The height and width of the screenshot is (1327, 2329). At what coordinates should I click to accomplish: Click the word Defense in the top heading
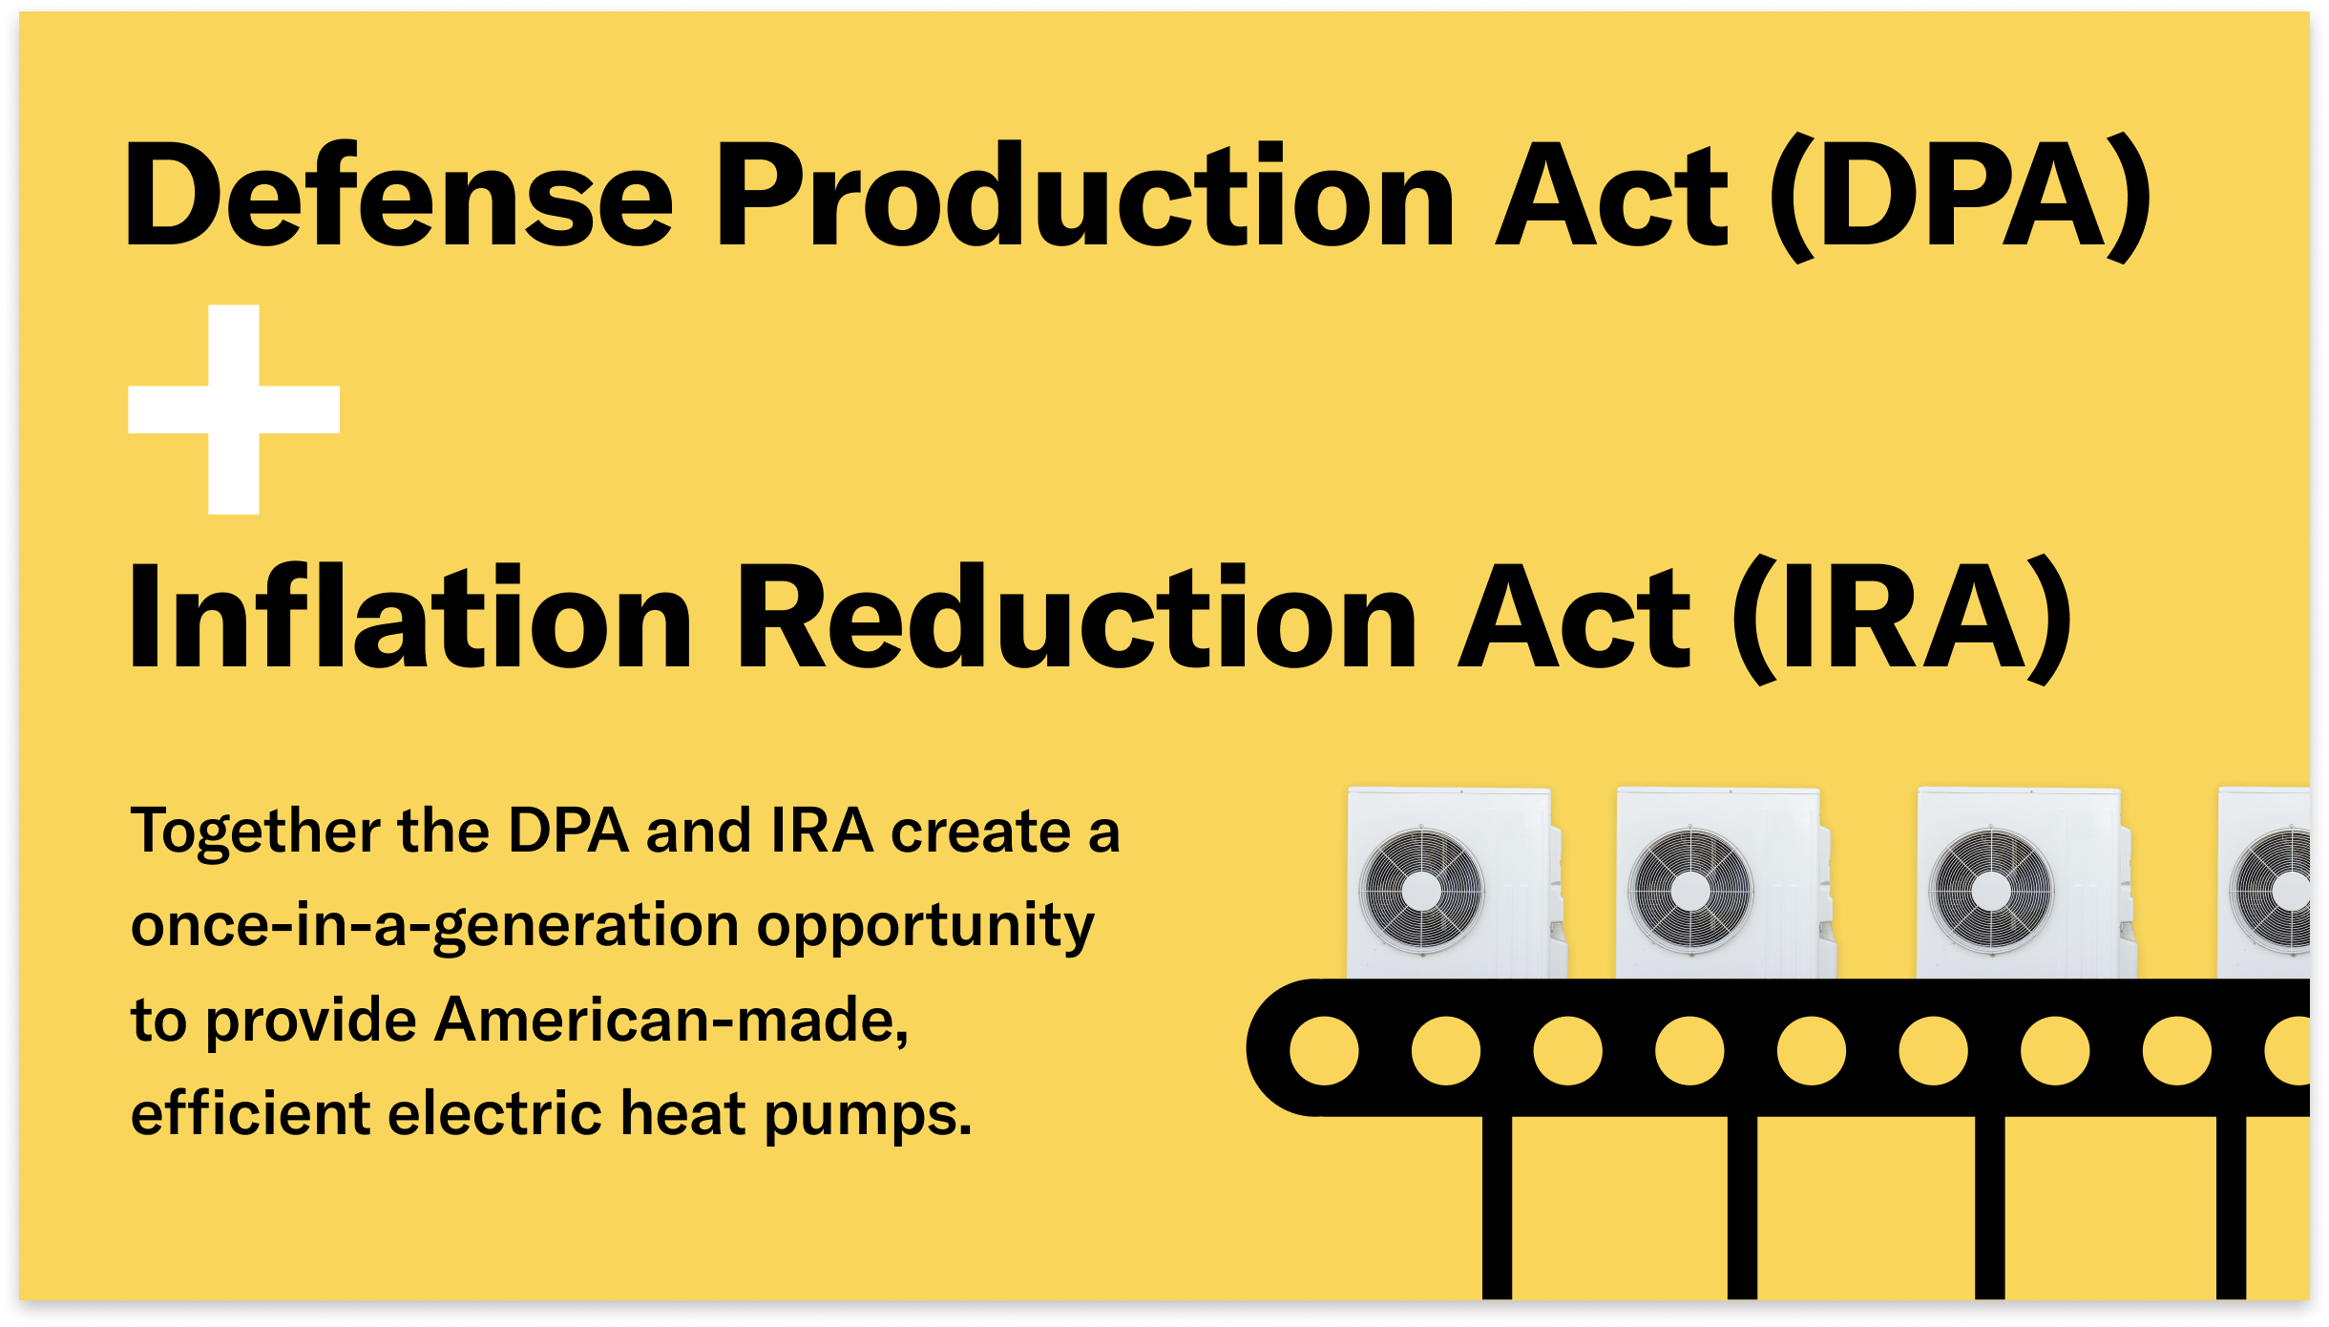tap(399, 196)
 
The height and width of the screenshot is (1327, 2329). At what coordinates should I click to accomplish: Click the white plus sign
tap(234, 410)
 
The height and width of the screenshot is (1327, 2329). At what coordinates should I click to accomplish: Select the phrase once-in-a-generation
tap(434, 926)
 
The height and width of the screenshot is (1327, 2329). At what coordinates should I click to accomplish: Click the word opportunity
tap(926, 926)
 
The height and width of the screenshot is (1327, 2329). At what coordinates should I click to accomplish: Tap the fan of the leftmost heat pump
tap(1421, 891)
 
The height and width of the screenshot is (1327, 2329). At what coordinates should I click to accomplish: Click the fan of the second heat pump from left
tap(1690, 891)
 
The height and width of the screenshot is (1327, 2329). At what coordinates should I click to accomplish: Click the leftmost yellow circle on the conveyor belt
tap(1324, 1051)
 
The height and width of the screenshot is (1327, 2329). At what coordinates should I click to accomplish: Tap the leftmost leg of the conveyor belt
tap(1497, 1208)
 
